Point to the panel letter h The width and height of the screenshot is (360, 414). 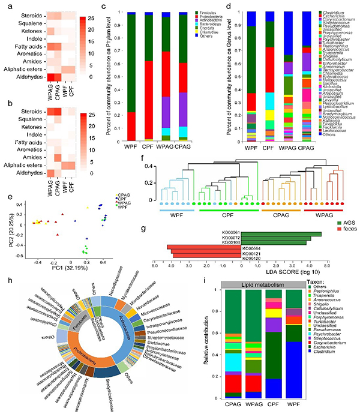click(4, 280)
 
